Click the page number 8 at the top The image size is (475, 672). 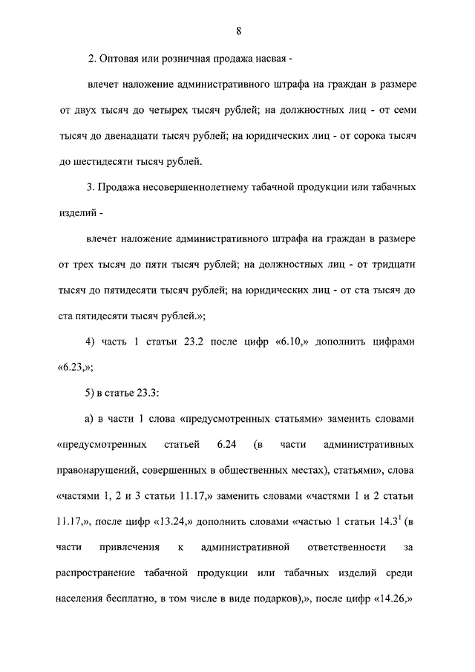pos(238,30)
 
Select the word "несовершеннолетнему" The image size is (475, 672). pos(202,186)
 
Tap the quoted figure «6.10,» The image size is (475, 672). pos(296,342)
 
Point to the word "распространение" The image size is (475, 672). pos(98,574)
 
